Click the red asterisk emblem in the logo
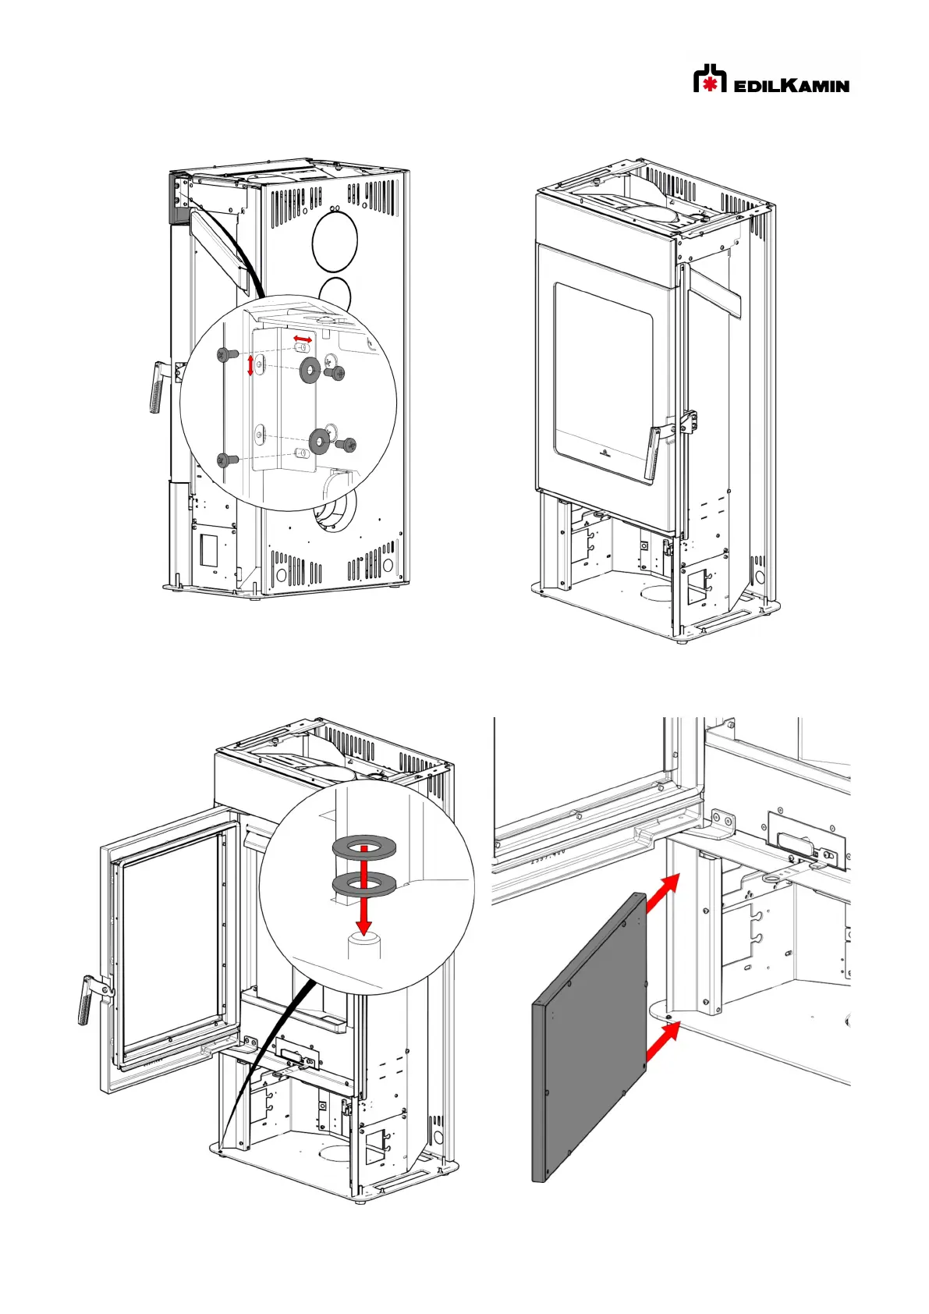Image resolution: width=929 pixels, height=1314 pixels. tap(710, 83)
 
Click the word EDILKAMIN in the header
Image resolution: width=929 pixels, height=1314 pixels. tap(791, 85)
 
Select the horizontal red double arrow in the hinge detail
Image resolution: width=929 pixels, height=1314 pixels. tap(303, 339)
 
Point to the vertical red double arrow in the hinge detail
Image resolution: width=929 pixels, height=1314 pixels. tap(250, 364)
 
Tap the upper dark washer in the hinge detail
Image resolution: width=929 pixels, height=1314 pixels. tap(310, 370)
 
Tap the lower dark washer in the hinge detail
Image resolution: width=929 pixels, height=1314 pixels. tap(319, 442)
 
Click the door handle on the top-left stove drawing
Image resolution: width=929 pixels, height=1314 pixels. tap(158, 387)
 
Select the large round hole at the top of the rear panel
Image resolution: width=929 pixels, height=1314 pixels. tap(334, 242)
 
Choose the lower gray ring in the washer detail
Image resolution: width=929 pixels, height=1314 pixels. tap(364, 884)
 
